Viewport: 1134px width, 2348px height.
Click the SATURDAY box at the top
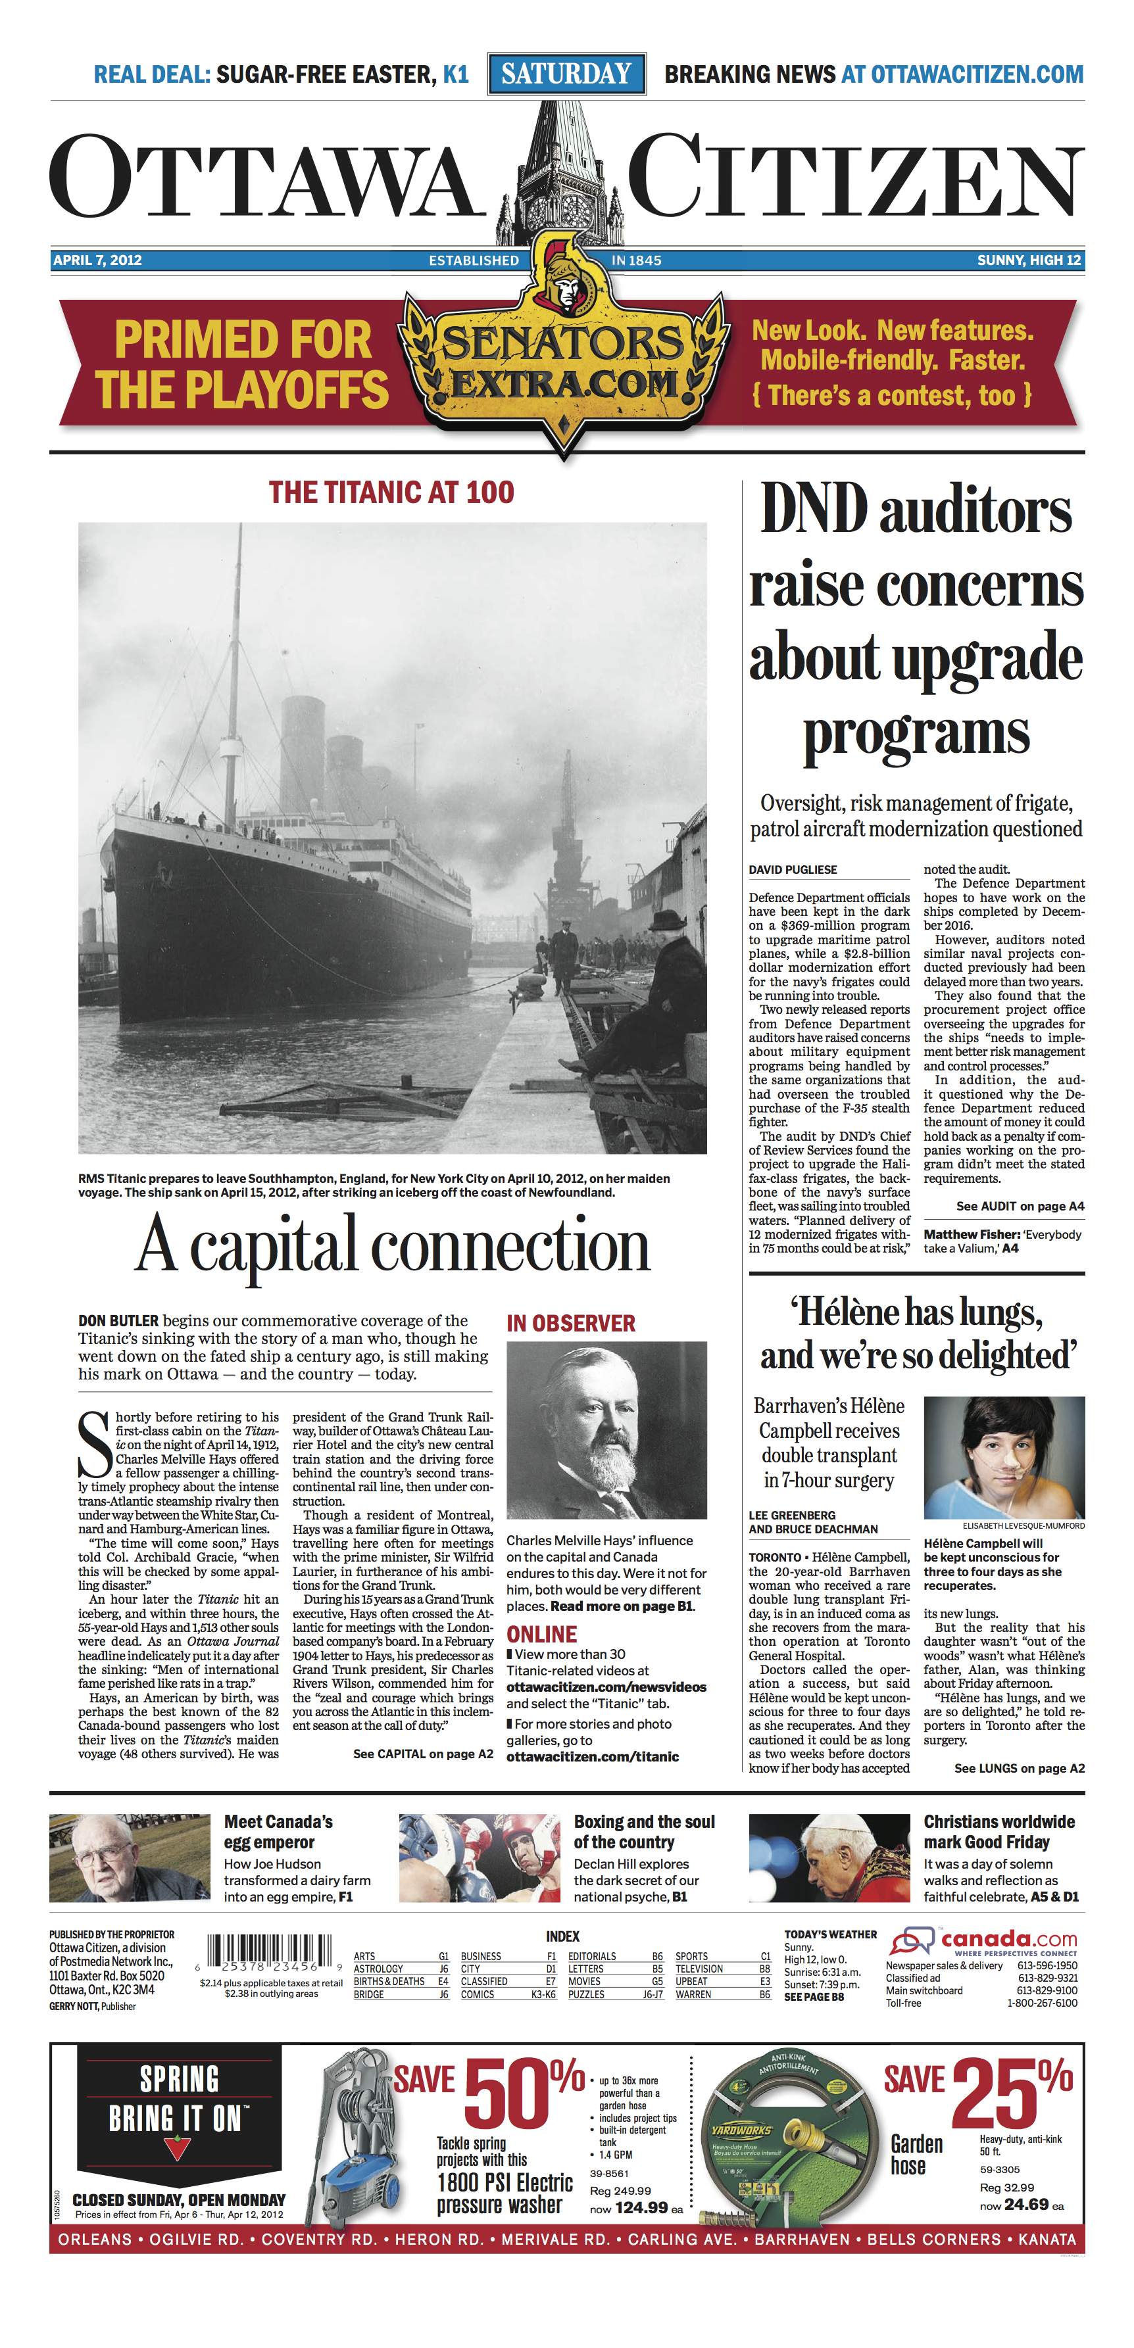pos(566,74)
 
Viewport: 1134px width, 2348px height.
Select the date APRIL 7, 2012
pos(97,260)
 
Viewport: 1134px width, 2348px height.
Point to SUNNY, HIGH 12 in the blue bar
pos(1028,260)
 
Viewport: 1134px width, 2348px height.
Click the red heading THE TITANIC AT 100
pos(391,493)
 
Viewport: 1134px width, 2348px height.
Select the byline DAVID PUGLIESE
pos(792,869)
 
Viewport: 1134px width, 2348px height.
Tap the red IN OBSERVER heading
pos(571,1324)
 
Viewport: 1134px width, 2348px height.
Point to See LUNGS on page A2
pos(1018,1768)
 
